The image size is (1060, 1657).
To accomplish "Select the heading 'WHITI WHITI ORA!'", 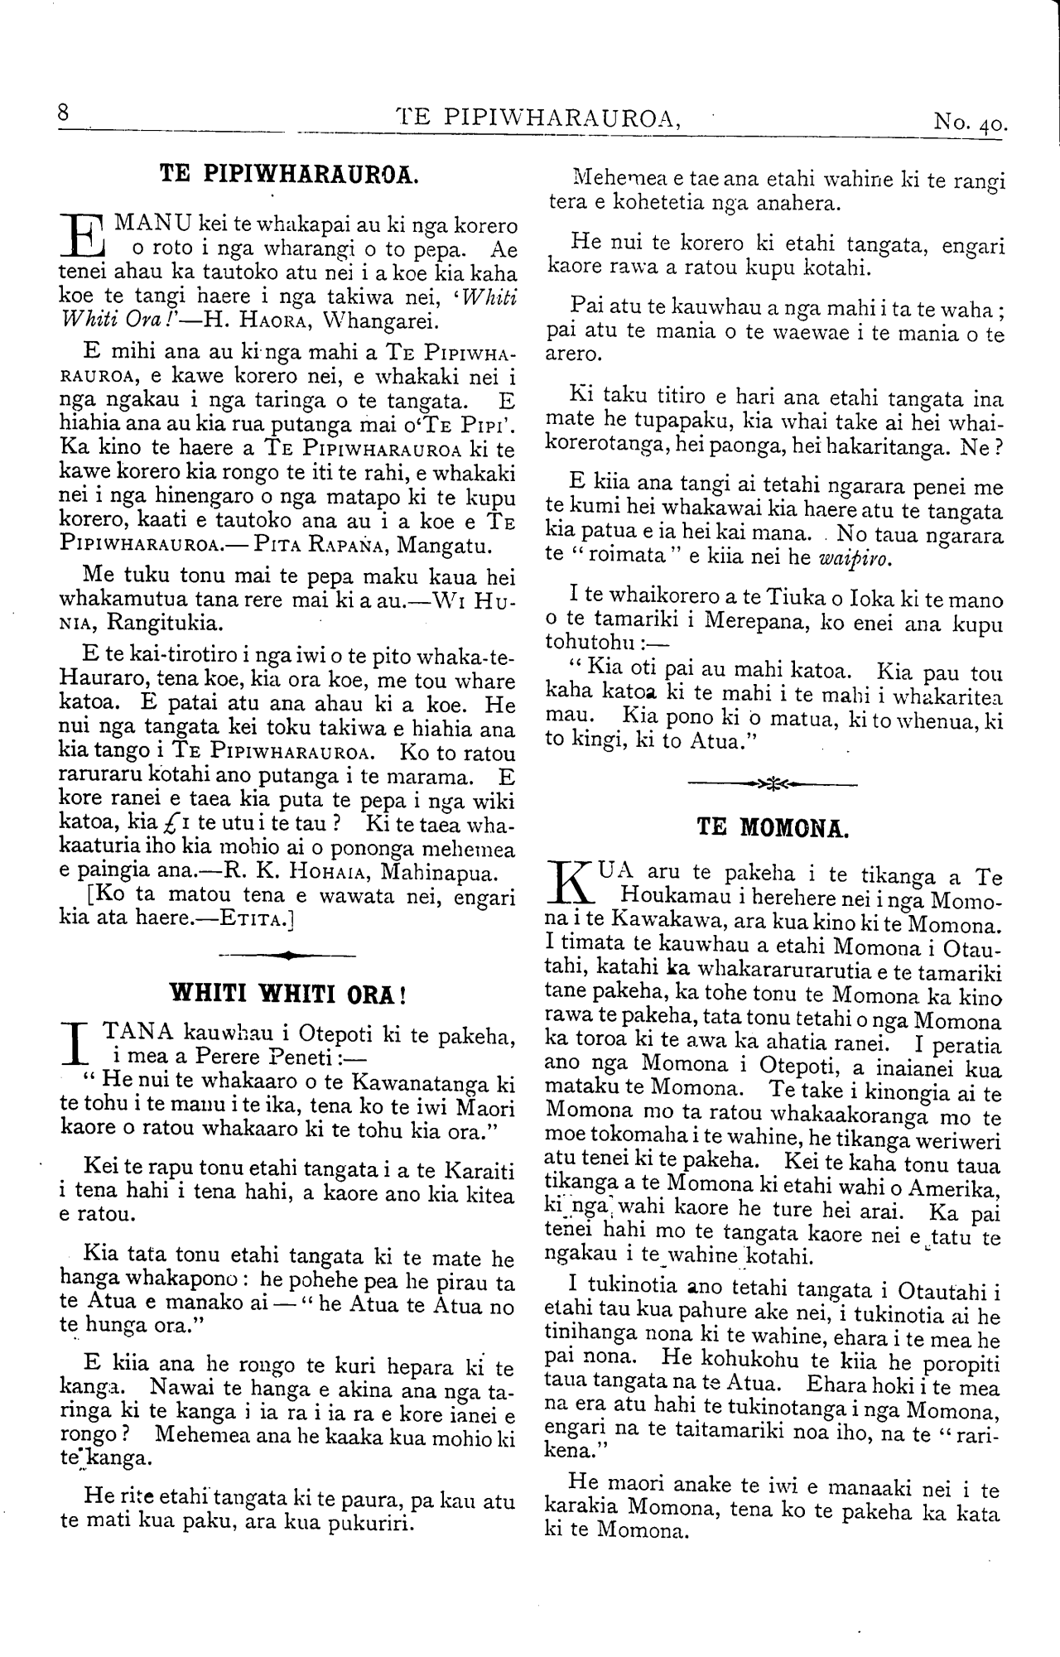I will pyautogui.click(x=287, y=993).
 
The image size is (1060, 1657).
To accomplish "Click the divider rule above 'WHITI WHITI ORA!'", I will pyautogui.click(x=287, y=955).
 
